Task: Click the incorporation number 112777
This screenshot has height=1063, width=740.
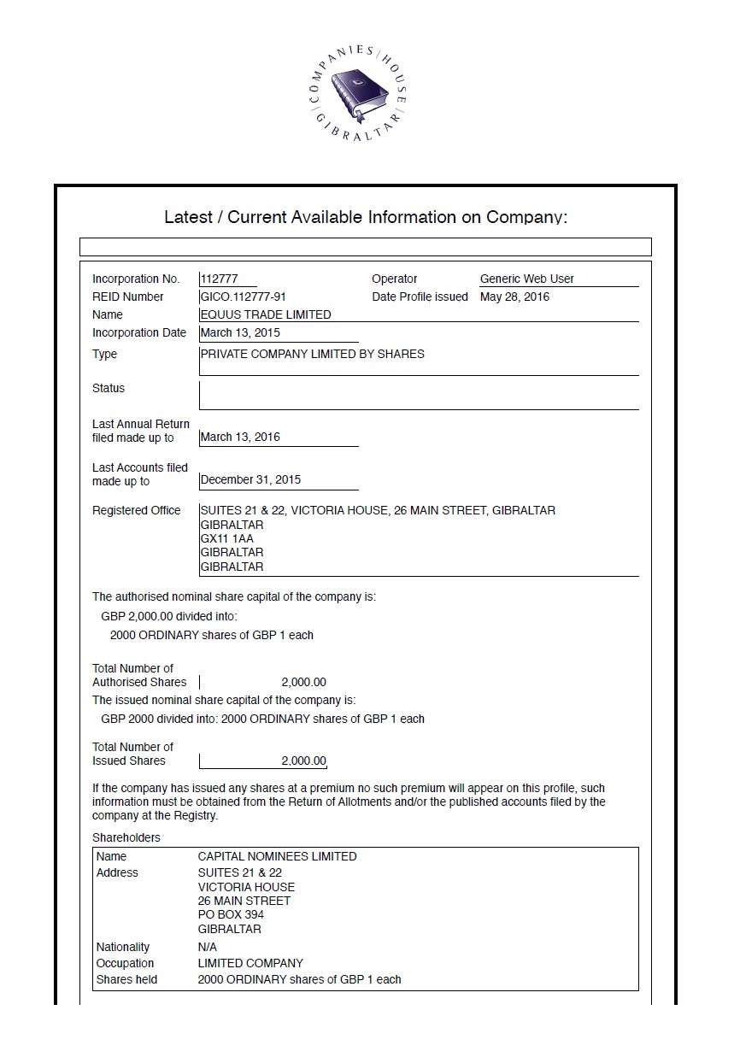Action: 219,279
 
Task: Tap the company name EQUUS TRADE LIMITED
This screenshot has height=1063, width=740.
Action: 265,314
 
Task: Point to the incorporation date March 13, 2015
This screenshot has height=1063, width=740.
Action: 240,332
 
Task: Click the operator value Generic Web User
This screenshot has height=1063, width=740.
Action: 527,279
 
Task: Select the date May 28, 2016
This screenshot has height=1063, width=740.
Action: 514,297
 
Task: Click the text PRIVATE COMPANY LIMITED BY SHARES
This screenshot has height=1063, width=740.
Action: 312,354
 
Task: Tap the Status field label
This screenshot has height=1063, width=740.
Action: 109,388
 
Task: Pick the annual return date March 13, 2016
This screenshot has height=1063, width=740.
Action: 240,437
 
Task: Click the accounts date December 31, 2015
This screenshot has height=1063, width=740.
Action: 250,479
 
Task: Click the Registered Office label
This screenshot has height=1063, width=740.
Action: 137,510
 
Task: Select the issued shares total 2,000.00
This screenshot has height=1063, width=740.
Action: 303,761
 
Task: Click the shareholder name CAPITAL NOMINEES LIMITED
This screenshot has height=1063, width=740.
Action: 277,856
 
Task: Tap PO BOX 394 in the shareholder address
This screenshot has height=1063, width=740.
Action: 231,914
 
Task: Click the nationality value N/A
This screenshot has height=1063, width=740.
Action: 207,947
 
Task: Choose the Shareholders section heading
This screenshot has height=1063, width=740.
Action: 126,837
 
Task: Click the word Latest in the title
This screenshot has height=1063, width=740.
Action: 187,217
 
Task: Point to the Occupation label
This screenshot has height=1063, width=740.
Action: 125,963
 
